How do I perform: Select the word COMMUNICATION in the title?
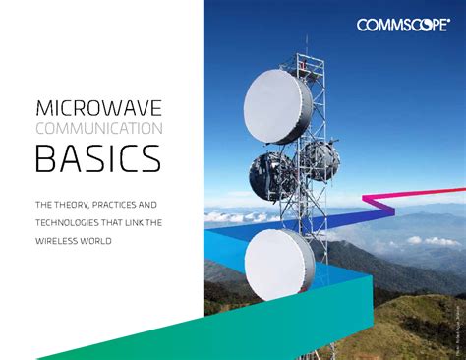click(x=99, y=128)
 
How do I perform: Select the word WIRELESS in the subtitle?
click(x=58, y=241)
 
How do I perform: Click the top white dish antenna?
click(x=277, y=106)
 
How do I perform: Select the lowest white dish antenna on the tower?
click(x=279, y=264)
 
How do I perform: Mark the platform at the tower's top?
click(x=307, y=67)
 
